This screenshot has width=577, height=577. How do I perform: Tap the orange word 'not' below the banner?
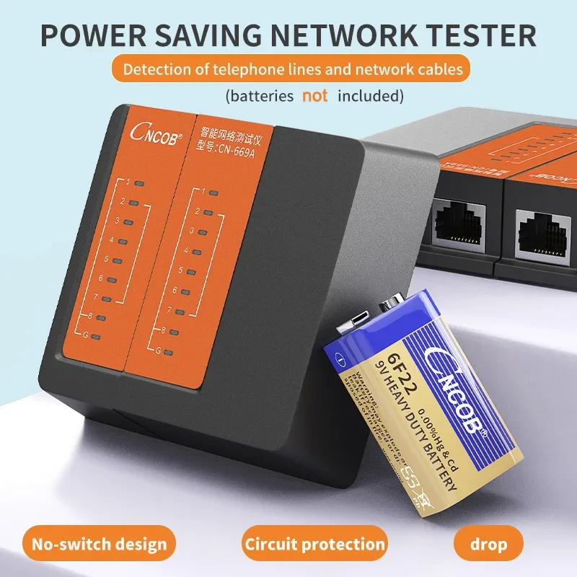(x=315, y=95)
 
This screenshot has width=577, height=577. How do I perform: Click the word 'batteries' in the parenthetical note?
(x=260, y=95)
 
